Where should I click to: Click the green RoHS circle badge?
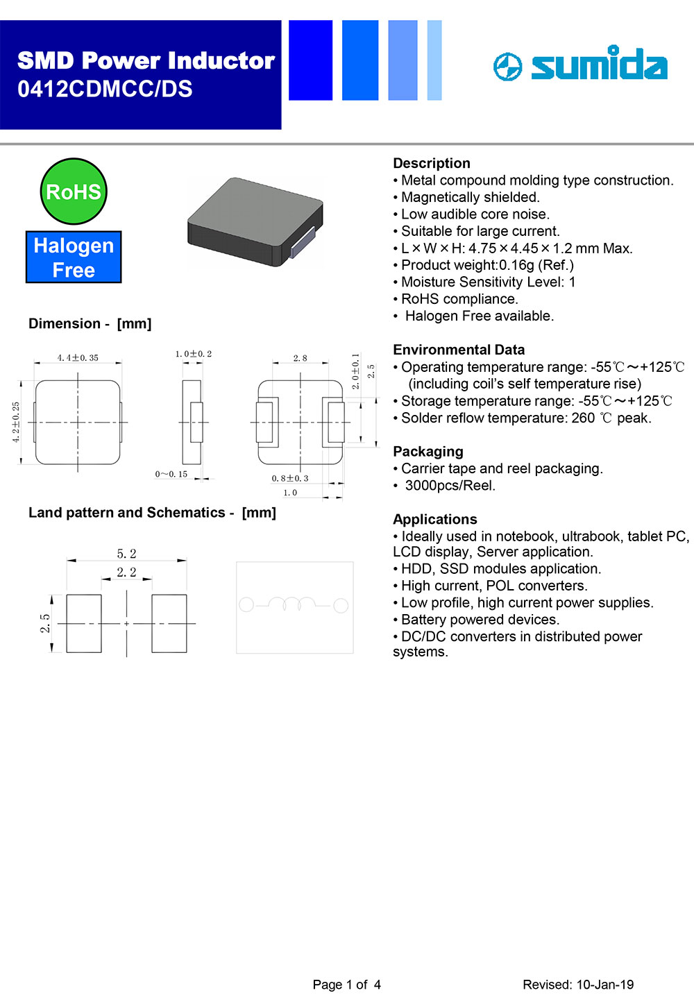(x=74, y=192)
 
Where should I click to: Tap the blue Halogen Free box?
(x=74, y=257)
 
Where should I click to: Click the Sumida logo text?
(x=598, y=65)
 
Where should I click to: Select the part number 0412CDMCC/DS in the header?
(x=105, y=89)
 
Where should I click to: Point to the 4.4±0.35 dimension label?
(x=78, y=358)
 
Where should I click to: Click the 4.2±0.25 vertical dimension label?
(x=16, y=422)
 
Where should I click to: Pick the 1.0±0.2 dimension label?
(x=193, y=354)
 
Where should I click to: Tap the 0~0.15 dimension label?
(x=171, y=474)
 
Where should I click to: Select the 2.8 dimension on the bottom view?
(x=300, y=358)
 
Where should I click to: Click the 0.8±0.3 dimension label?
(x=290, y=478)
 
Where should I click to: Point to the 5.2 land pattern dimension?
(x=126, y=554)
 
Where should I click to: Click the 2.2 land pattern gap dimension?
(x=126, y=572)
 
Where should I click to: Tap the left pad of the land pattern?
(x=84, y=623)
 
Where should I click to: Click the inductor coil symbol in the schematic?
(x=293, y=604)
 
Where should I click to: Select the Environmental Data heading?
(x=459, y=350)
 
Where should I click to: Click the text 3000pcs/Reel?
(x=450, y=486)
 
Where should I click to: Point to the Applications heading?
(x=435, y=519)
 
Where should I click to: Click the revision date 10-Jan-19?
(x=604, y=985)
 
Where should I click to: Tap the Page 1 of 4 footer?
(x=346, y=985)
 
